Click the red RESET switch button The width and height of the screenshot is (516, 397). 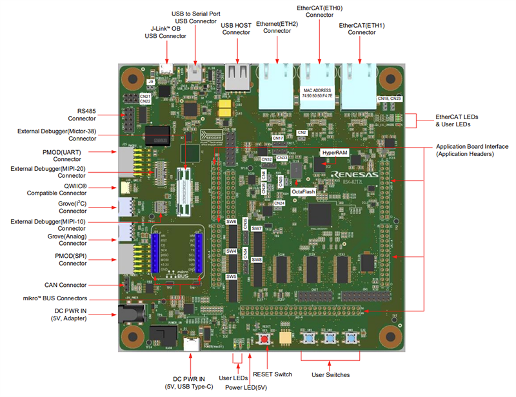click(264, 338)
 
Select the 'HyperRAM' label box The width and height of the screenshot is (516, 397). click(335, 153)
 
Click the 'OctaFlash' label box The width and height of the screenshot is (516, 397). click(304, 192)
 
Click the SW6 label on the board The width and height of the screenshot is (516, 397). click(232, 222)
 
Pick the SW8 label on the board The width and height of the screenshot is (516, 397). click(257, 259)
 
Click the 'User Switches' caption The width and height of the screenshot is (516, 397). click(332, 374)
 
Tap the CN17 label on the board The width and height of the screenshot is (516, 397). click(278, 138)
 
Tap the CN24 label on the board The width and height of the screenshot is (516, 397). click(279, 204)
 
